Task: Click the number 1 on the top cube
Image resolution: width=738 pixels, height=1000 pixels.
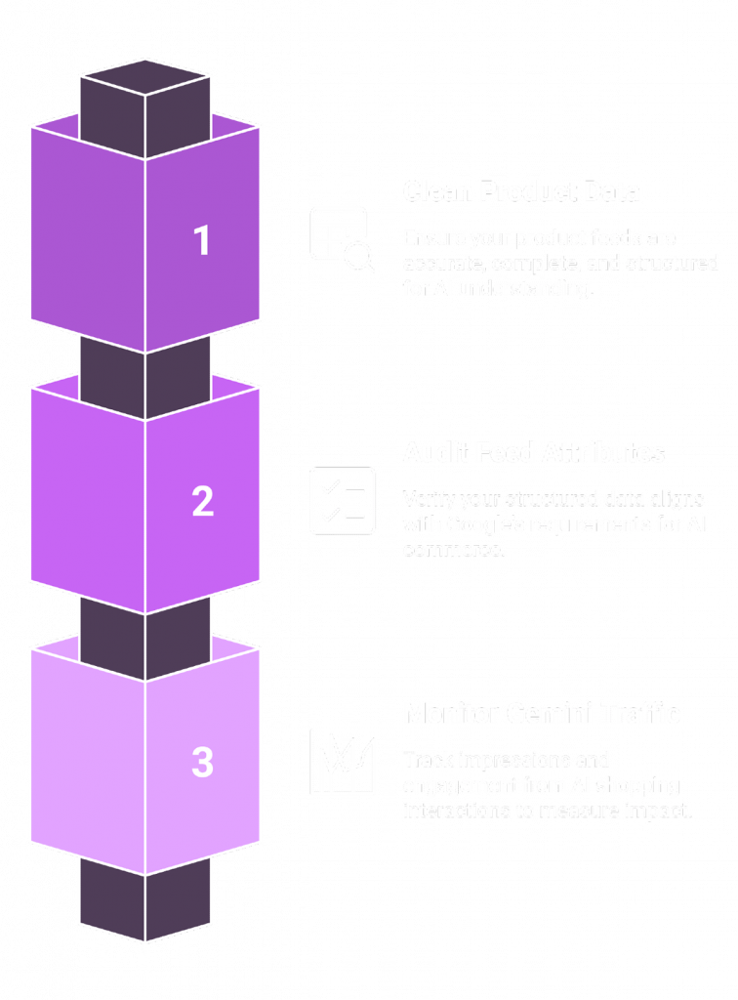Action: (x=202, y=240)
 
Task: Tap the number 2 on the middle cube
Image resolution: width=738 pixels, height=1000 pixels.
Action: (x=202, y=501)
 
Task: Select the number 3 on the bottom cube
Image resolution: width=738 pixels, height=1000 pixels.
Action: (x=202, y=763)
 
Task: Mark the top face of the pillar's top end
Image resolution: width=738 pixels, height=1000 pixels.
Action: (x=144, y=77)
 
